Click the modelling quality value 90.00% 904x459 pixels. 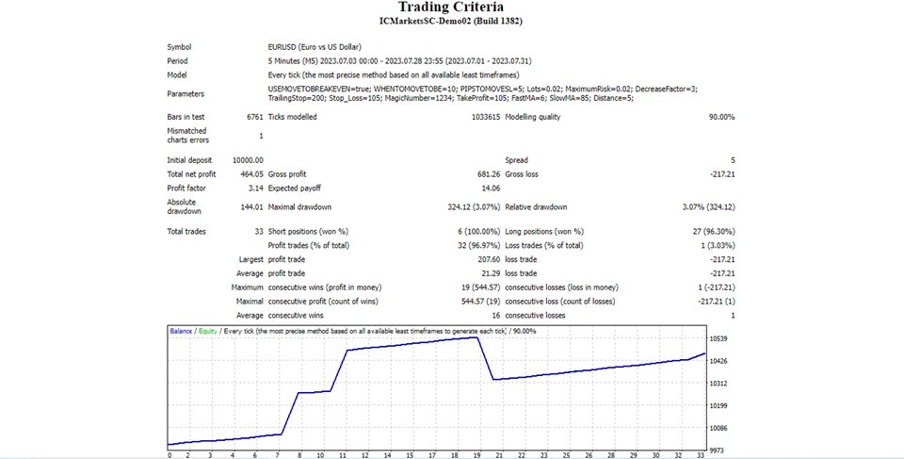coord(721,117)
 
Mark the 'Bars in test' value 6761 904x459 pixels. coord(254,117)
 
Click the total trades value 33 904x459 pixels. coord(258,231)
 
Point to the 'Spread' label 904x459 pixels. coord(517,160)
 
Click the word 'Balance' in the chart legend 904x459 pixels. coord(182,332)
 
